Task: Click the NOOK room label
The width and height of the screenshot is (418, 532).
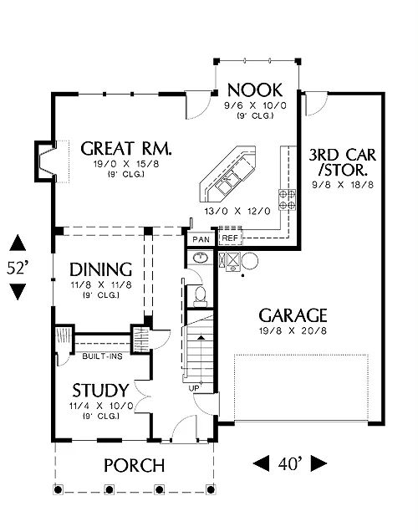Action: click(255, 90)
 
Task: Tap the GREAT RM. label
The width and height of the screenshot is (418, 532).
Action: click(126, 149)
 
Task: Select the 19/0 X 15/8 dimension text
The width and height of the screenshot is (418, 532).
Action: click(126, 164)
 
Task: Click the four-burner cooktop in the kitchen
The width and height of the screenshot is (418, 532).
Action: click(287, 199)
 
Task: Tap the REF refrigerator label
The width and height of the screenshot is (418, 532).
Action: click(230, 238)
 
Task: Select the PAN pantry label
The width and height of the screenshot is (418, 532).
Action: click(201, 239)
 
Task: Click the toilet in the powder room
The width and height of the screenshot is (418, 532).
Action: click(200, 295)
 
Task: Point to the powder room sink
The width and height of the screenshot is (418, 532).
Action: click(201, 258)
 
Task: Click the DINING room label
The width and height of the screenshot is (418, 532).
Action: click(100, 269)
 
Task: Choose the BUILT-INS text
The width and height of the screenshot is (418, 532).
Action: click(102, 356)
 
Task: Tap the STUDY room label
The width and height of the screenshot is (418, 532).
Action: click(100, 390)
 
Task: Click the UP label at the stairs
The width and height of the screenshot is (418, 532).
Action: click(194, 388)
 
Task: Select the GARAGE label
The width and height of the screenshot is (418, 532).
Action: click(293, 315)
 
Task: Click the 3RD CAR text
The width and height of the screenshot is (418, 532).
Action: click(343, 155)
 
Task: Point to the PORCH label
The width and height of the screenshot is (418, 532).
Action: click(135, 465)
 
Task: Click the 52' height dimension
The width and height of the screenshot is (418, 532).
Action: click(17, 268)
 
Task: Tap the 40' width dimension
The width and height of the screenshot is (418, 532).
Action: click(290, 463)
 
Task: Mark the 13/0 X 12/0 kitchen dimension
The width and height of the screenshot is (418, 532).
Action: click(237, 212)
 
